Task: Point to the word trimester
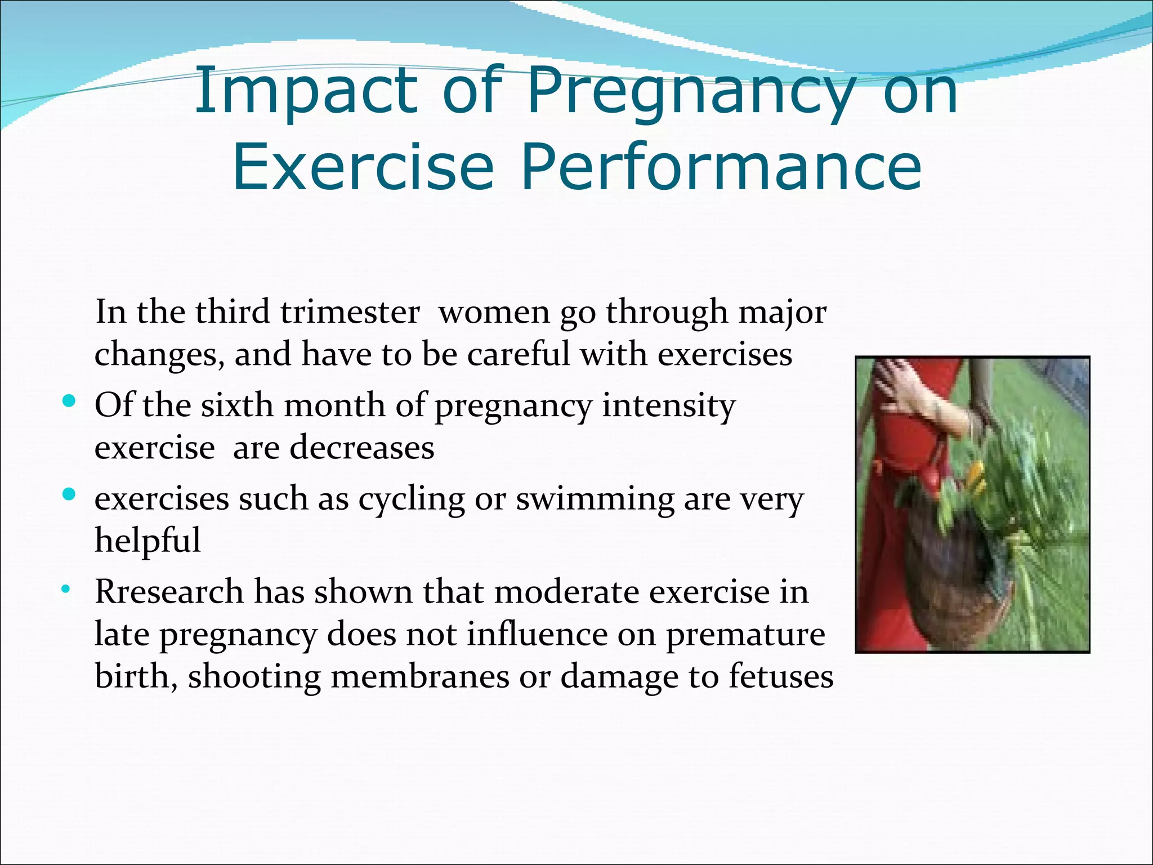click(350, 312)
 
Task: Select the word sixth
click(237, 405)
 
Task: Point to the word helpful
click(148, 541)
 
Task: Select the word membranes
click(420, 677)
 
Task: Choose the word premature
click(745, 635)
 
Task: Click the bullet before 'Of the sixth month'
click(69, 402)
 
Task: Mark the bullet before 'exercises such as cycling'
click(69, 495)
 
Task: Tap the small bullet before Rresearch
click(66, 590)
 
